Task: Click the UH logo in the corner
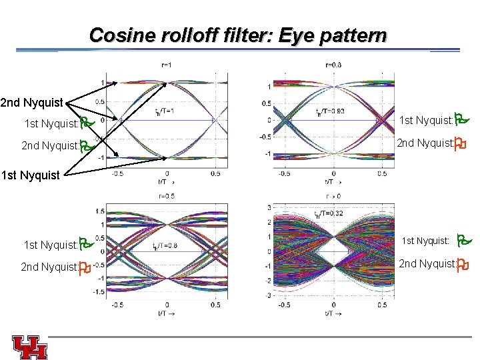tap(29, 347)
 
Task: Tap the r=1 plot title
tap(167, 65)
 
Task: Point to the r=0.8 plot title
tap(333, 65)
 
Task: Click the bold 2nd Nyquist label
tap(31, 103)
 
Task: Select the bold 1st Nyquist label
tap(31, 176)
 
